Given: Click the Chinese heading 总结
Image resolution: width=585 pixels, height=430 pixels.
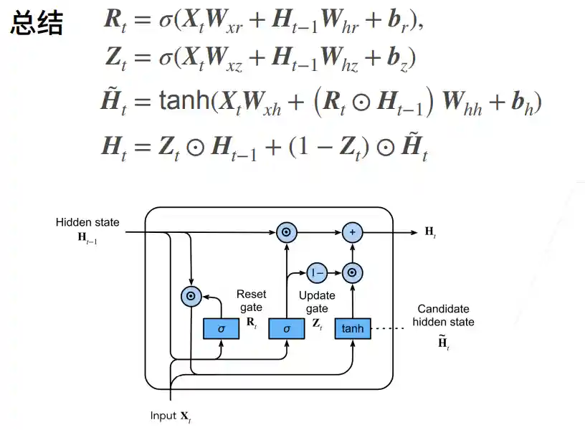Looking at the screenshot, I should point(37,24).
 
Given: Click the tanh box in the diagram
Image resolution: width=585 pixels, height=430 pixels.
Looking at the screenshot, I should point(353,328).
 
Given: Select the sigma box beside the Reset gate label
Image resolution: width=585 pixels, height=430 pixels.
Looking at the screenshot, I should point(222,328).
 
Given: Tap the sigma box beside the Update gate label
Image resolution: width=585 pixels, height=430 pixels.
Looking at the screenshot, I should point(287,328).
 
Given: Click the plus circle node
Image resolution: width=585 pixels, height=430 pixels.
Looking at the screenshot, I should point(353,232).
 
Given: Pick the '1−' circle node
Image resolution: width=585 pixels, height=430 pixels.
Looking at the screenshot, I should point(317,272).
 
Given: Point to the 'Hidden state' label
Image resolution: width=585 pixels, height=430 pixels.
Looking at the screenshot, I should point(87,223).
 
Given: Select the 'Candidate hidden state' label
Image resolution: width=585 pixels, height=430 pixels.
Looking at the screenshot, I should point(443,315).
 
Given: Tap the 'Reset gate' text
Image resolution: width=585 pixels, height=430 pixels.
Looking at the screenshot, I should point(251,300).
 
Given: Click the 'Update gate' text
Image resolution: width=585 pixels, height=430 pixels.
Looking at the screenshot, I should point(316,302).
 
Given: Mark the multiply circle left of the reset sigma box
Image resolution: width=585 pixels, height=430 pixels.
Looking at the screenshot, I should point(191,295).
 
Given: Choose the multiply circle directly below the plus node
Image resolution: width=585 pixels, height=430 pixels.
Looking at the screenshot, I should point(353,272).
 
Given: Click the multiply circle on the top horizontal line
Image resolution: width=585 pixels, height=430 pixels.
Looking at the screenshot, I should point(286,232).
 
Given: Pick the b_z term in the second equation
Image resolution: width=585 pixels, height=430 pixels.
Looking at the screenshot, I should point(402,58).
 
